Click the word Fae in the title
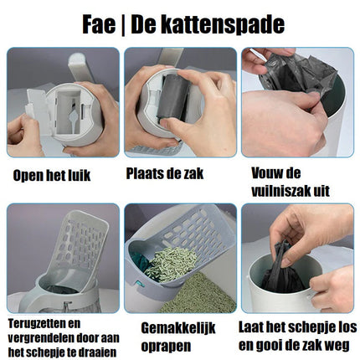pyautogui.click(x=99, y=25)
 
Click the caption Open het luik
pyautogui.click(x=52, y=176)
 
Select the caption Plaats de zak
pyautogui.click(x=165, y=173)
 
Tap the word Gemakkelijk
pyautogui.click(x=178, y=328)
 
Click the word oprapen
pyautogui.click(x=166, y=347)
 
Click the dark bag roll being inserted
pyautogui.click(x=173, y=96)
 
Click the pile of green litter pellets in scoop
pyautogui.click(x=173, y=264)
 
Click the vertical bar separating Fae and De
pyautogui.click(x=123, y=25)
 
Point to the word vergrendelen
pyautogui.click(x=40, y=338)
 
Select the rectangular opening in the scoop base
pyautogui.click(x=69, y=111)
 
